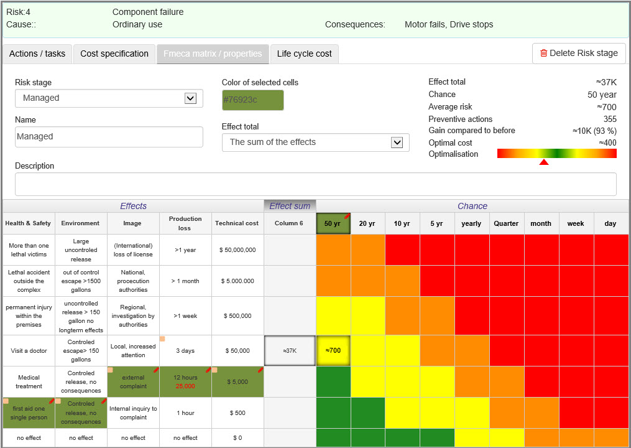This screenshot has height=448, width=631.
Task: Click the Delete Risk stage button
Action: [x=579, y=53]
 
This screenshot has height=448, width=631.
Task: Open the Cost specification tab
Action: [x=114, y=54]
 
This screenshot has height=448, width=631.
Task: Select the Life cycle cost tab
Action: [x=304, y=54]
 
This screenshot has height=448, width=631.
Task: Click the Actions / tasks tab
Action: [x=37, y=54]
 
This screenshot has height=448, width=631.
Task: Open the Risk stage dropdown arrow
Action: [x=190, y=98]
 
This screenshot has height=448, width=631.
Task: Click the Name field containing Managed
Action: [x=109, y=136]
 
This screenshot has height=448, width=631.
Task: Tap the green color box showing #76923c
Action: [x=253, y=100]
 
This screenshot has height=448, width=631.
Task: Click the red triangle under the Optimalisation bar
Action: [x=544, y=162]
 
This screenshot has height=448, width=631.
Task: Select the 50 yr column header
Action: [x=333, y=223]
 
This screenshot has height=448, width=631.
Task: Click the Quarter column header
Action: [x=506, y=223]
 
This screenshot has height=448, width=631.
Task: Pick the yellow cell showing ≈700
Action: [x=333, y=350]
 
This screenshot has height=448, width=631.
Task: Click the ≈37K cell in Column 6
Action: [x=290, y=350]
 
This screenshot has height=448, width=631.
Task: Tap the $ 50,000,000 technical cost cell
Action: [x=237, y=250]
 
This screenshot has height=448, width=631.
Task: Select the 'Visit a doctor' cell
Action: [x=29, y=350]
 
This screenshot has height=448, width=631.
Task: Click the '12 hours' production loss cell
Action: [x=185, y=381]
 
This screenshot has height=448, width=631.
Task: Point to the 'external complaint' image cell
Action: [x=133, y=381]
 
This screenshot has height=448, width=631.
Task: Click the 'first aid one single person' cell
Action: [x=29, y=413]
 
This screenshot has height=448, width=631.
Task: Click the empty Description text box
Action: [x=316, y=184]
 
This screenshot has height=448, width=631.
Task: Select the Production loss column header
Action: [x=185, y=223]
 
